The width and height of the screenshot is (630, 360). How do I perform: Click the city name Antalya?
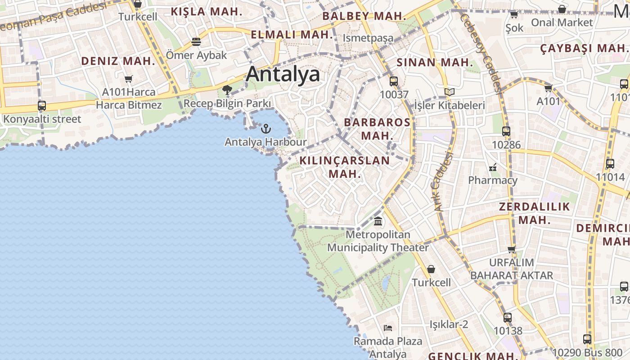pos(283,74)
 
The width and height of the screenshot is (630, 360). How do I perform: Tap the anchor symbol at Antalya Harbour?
pos(266,129)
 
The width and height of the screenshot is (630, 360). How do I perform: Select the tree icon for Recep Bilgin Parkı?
pos(227,90)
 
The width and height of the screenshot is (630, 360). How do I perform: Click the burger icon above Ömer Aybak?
pos(196,42)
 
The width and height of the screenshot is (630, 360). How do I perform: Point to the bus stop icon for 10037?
pos(394,81)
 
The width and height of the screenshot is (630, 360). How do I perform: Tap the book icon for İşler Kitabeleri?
pos(449,92)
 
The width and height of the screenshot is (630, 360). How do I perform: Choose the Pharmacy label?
pos(493,180)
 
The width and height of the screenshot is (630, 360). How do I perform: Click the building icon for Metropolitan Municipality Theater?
pos(378,221)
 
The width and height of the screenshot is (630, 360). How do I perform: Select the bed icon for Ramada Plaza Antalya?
pos(388,328)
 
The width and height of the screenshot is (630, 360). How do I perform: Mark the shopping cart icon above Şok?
pos(514,15)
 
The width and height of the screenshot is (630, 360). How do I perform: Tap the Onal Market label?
pos(562,22)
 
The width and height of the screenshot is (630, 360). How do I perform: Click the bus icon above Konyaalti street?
pos(42,106)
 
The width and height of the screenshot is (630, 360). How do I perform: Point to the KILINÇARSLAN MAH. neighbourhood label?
pos(345,167)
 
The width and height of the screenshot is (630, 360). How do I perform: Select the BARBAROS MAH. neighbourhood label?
pos(377,129)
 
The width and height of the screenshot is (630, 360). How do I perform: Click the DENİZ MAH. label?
pos(118,61)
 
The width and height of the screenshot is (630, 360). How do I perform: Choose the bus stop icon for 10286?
pos(506,131)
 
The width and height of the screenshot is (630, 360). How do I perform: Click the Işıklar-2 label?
pos(449,324)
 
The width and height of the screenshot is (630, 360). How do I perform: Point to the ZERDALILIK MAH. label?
pos(535,213)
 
